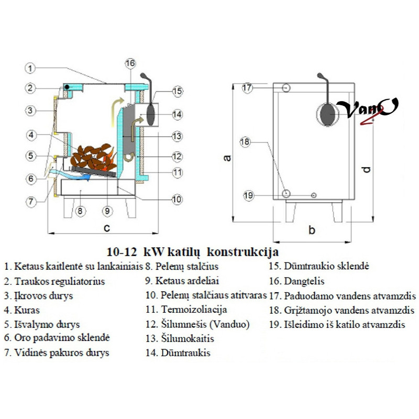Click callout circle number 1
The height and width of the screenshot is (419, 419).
(x=31, y=68)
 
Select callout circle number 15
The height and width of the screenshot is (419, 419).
(x=177, y=92)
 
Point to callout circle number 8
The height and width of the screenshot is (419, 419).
(x=80, y=211)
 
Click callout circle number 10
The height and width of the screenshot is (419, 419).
(x=177, y=199)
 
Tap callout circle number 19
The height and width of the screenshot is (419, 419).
(x=248, y=195)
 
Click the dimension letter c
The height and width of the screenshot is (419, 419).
(x=106, y=227)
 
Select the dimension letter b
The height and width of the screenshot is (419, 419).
(x=312, y=229)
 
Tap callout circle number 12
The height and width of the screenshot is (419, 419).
(x=177, y=156)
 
